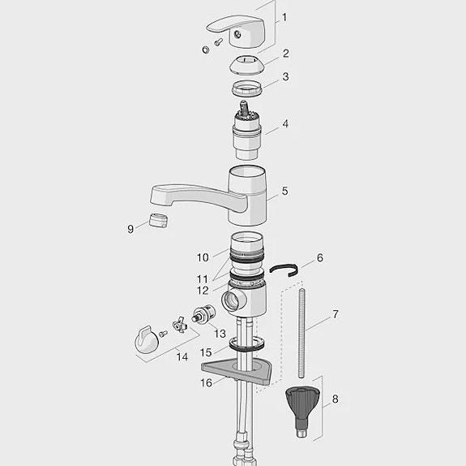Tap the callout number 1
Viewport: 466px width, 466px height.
[x=284, y=17]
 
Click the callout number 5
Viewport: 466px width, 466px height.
[x=284, y=192]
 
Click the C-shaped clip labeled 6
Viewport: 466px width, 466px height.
[x=284, y=270]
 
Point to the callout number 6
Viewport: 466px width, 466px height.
[x=319, y=258]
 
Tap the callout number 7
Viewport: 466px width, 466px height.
[x=336, y=314]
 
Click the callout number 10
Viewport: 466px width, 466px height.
[x=202, y=257]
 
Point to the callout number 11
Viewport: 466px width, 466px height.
[x=203, y=278]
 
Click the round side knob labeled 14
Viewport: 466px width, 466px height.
[x=145, y=340]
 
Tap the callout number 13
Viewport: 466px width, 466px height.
[x=219, y=334]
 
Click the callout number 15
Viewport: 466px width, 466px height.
[x=206, y=352]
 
